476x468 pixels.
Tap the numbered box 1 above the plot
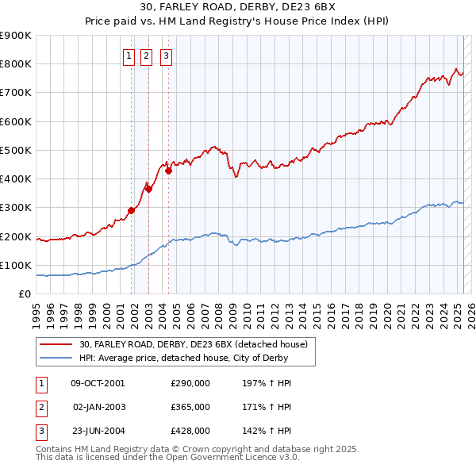(129, 56)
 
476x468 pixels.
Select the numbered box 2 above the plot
(148, 56)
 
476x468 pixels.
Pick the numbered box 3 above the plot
(167, 56)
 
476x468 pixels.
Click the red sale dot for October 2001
(132, 210)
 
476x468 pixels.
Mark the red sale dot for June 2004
(169, 171)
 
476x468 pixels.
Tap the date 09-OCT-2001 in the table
(98, 383)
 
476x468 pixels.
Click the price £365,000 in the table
(190, 407)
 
